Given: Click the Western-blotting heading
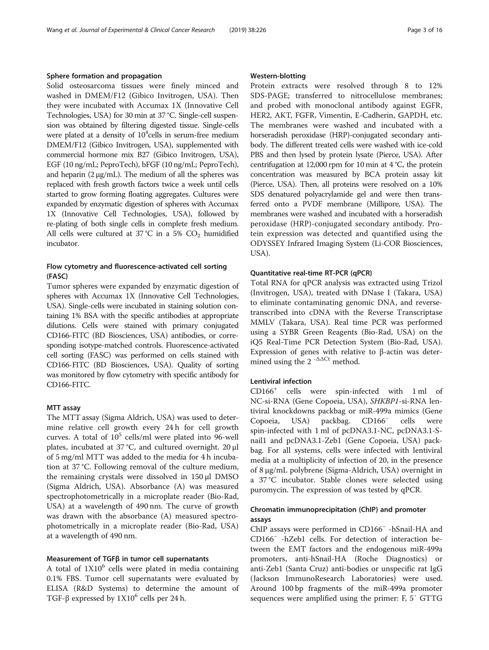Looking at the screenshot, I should (x=277, y=76).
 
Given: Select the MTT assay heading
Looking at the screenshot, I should (x=63, y=394).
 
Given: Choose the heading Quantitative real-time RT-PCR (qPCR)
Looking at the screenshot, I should (x=310, y=273).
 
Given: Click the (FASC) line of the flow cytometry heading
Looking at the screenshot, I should (x=57, y=276).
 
